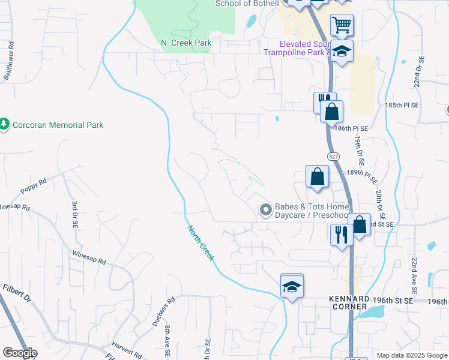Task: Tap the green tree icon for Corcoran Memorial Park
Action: [x=5, y=124]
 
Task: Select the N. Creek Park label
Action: [x=187, y=43]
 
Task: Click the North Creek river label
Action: [x=200, y=243]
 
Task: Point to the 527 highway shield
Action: [x=334, y=156]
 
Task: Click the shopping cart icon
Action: [x=342, y=25]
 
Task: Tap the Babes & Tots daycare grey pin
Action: [x=265, y=210]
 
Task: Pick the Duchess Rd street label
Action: [x=161, y=310]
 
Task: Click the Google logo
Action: [x=19, y=353]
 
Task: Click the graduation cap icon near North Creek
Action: [x=292, y=286]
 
